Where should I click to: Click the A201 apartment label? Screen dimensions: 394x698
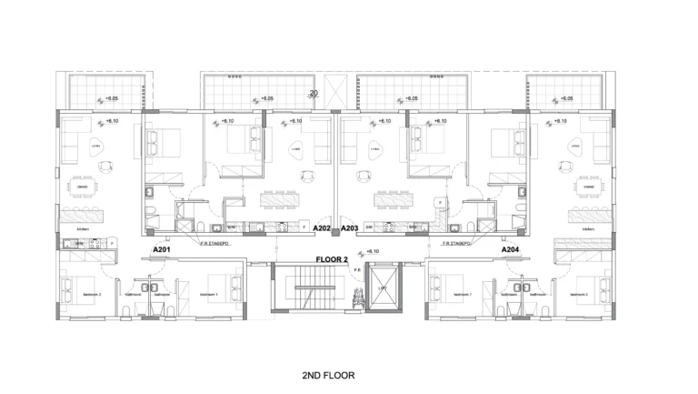coord(162,249)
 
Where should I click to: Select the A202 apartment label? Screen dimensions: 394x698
coord(322,229)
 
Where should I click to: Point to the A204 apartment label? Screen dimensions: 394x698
coord(511,249)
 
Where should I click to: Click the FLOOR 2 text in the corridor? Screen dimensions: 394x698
coord(332,259)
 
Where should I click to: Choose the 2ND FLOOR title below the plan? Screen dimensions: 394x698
coord(328,374)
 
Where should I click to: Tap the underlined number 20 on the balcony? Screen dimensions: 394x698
coord(314,93)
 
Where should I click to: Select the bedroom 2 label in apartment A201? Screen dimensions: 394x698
coord(93,295)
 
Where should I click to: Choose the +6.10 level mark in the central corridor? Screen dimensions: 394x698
coord(371,251)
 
